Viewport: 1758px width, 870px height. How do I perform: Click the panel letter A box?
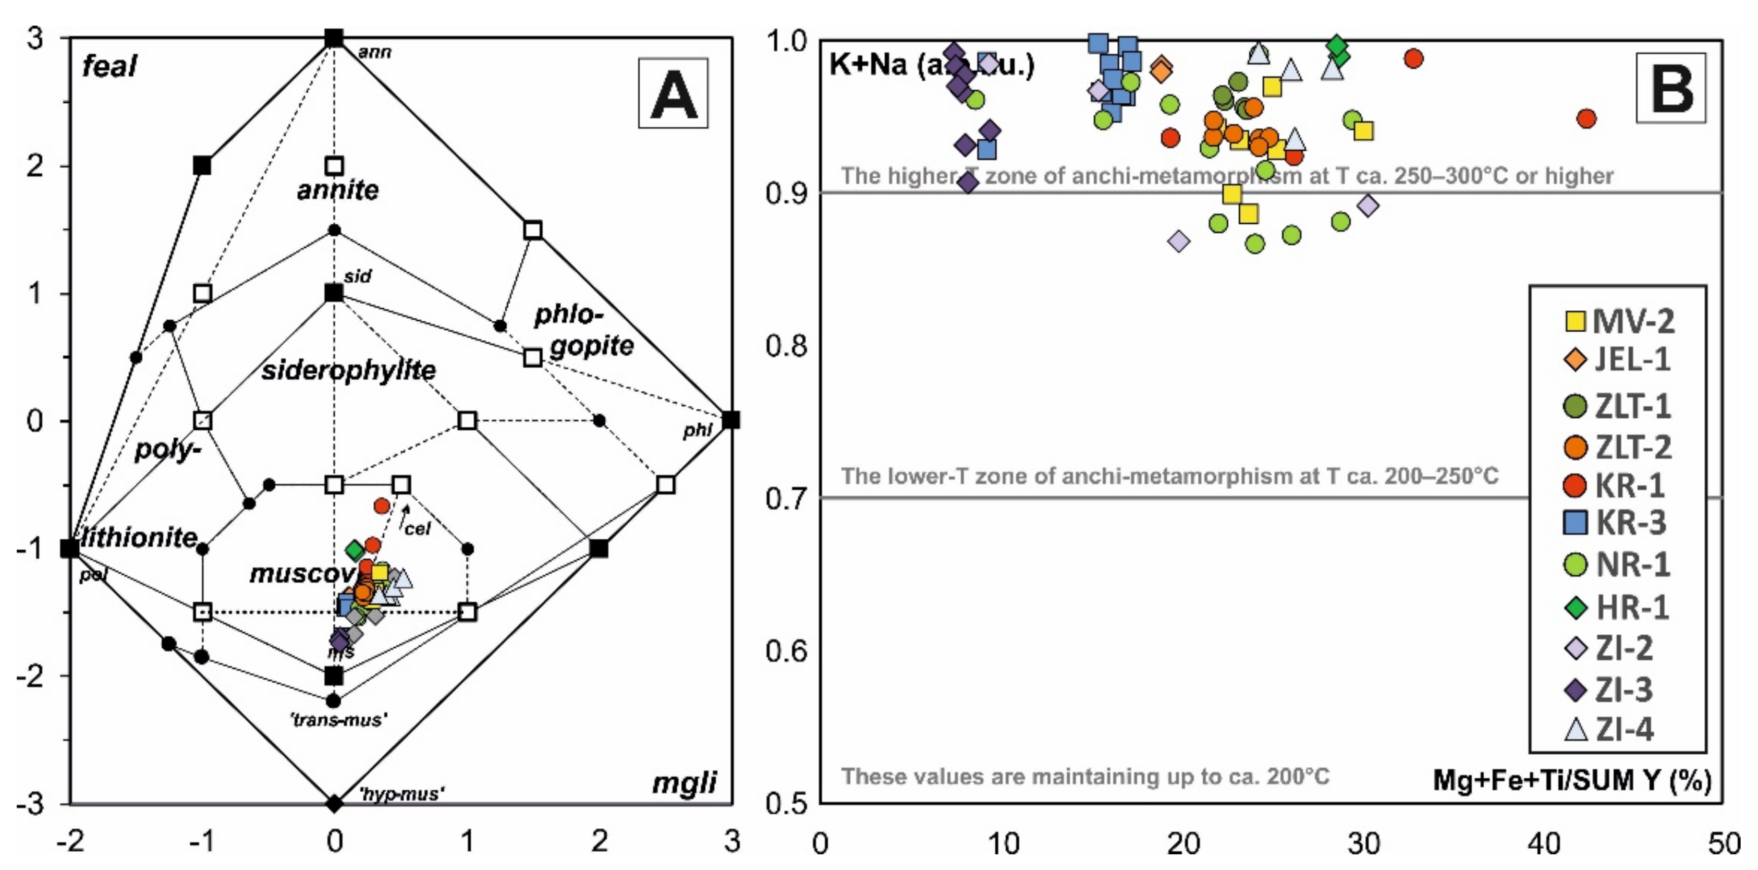[673, 93]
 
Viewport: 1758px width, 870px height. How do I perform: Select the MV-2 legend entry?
[1619, 321]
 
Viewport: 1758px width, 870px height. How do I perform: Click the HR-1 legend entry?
[1617, 607]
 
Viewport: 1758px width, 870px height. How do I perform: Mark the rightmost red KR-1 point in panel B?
[1586, 119]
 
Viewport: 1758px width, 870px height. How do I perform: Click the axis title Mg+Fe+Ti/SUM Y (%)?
[1572, 779]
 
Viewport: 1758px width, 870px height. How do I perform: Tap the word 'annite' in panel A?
[338, 190]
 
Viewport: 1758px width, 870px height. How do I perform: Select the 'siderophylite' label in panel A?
[349, 370]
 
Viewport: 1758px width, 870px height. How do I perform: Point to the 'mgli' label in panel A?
[684, 782]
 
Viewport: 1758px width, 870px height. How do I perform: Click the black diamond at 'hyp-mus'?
[334, 804]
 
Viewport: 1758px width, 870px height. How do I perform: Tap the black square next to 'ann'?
[334, 38]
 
